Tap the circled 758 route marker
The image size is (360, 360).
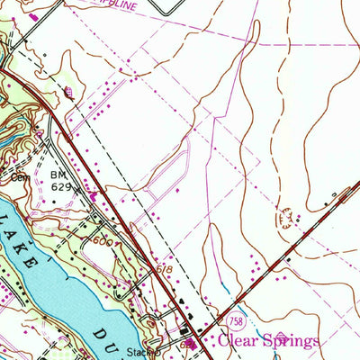coord(235,319)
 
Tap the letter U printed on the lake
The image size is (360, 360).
coord(114,350)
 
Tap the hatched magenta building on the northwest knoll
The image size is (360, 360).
coord(70,93)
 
